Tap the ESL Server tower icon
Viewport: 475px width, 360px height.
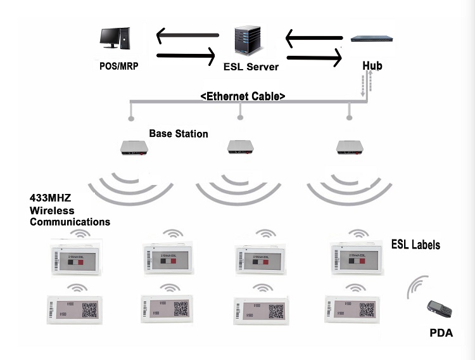[x=247, y=41]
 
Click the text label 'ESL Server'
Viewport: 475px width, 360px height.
[x=251, y=67]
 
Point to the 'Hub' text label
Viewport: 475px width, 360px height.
[x=372, y=65]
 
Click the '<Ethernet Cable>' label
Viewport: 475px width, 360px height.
[x=242, y=96]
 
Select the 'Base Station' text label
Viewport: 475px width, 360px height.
[x=179, y=134]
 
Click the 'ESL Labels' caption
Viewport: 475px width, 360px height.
[x=415, y=245]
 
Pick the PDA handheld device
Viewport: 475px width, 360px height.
[x=438, y=311]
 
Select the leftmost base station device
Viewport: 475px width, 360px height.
[x=134, y=148]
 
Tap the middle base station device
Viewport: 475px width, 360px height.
[x=240, y=148]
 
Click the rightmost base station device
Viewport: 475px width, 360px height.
[x=350, y=148]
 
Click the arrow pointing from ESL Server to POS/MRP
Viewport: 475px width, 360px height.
[x=186, y=35]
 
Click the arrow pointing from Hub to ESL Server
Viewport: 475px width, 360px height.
[x=314, y=39]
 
